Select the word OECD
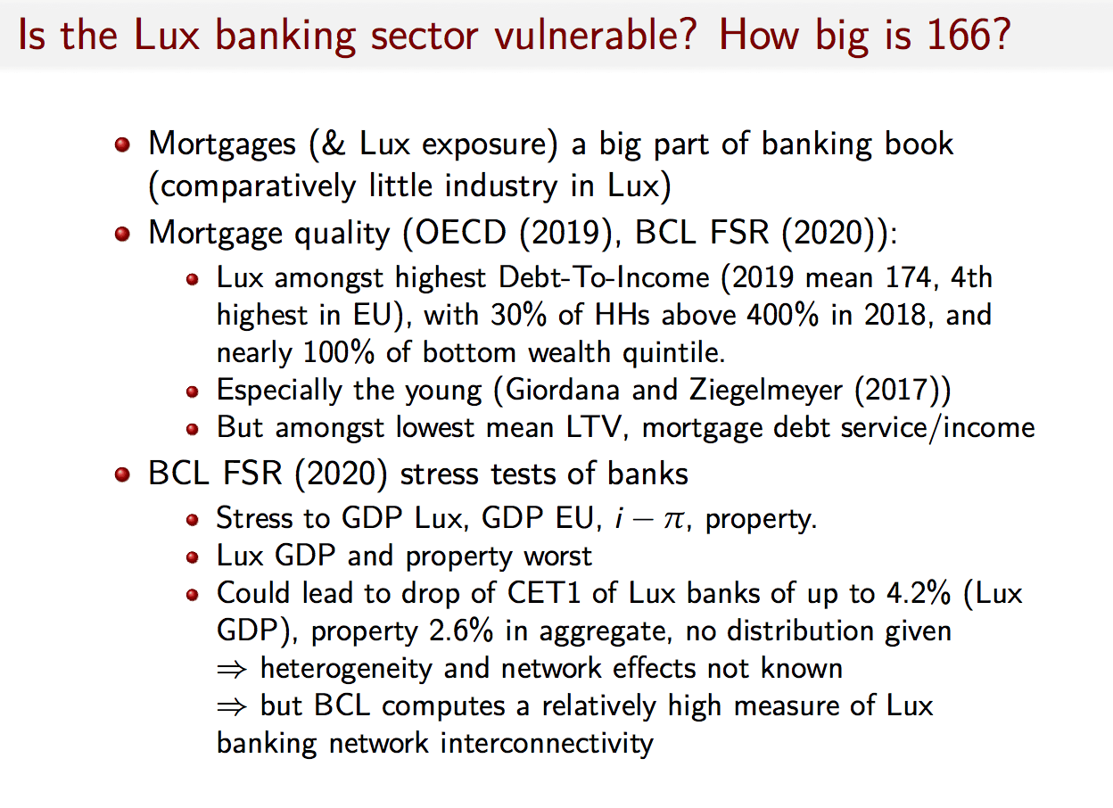coord(460,232)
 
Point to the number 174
coord(911,277)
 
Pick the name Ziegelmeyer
coord(766,390)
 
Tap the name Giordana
coord(563,390)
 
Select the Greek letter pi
coord(673,520)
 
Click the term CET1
coord(544,593)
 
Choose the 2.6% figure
coord(461,631)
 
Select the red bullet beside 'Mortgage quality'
coord(122,234)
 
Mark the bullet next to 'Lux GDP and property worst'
coord(193,557)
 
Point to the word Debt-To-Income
coord(604,277)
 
